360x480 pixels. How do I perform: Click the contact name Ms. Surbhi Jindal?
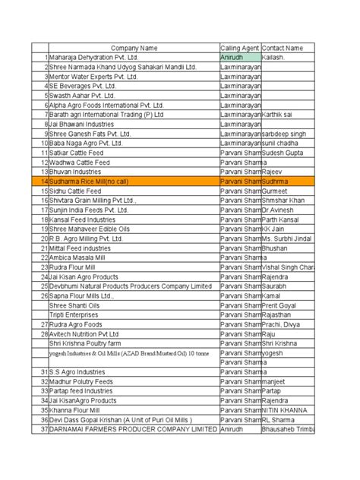pos(292,238)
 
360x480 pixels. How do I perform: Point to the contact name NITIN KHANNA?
pos(285,409)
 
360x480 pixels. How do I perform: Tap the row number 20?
pos(44,238)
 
